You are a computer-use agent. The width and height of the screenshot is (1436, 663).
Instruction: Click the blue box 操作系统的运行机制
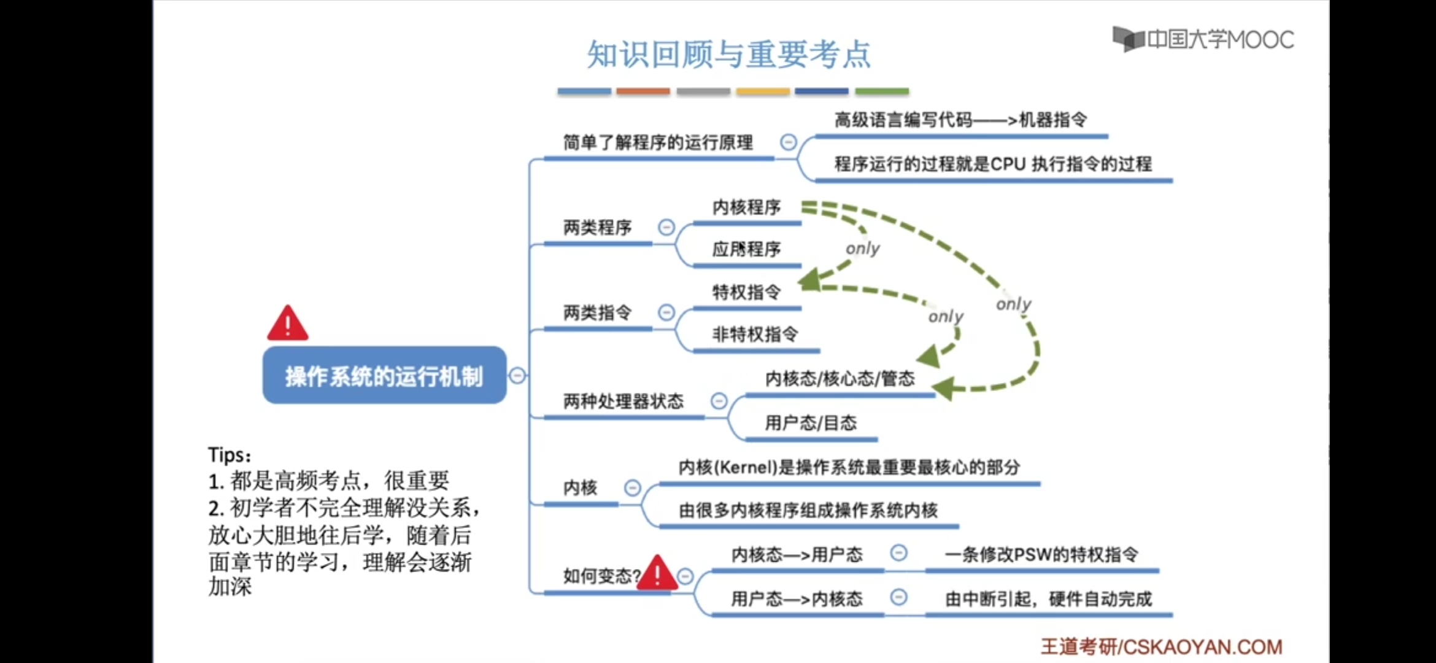(384, 375)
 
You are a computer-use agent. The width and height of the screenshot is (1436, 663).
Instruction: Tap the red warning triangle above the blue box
(287, 324)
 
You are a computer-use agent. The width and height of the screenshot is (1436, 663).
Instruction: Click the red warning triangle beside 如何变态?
(657, 573)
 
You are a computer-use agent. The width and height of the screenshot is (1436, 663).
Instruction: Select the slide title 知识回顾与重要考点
(728, 54)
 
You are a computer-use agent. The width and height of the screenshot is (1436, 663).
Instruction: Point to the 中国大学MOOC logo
(1203, 40)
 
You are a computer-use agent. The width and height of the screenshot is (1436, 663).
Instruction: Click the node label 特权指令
(746, 292)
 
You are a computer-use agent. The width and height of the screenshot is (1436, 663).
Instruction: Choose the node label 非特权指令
(755, 335)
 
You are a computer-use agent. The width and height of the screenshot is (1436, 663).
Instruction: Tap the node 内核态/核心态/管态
(840, 379)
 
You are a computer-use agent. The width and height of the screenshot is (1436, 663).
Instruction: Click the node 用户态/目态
(810, 423)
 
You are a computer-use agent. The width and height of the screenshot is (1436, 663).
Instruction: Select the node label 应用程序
(746, 249)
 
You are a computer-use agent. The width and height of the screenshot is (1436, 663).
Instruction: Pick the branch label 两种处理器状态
(623, 401)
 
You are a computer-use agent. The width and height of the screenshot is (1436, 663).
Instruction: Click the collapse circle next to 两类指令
(666, 312)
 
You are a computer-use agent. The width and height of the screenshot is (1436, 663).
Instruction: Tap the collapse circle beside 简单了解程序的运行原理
(788, 142)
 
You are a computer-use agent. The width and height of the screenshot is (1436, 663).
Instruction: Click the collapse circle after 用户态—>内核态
(898, 597)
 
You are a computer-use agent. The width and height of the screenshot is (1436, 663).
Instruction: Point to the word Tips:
(230, 455)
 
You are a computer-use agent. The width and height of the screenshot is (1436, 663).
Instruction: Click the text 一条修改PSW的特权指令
(1041, 555)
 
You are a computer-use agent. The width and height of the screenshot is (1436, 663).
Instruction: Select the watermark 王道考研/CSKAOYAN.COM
(1161, 646)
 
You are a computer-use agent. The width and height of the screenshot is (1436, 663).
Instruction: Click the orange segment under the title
(643, 91)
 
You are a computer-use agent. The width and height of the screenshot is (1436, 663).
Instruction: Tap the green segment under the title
(881, 91)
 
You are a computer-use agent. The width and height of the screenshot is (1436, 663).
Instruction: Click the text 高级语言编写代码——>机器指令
(960, 120)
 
